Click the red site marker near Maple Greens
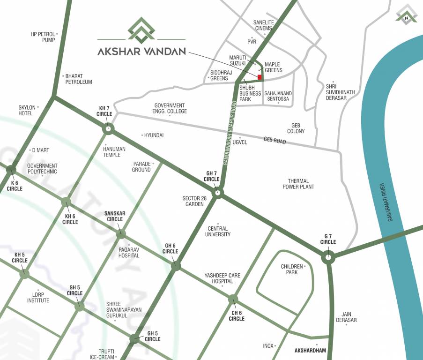tap(259, 77)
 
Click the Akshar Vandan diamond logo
tap(141, 29)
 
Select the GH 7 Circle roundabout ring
tap(217, 193)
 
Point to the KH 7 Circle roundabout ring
tap(108, 128)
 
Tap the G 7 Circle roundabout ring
tap(328, 257)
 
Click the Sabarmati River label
tap(391, 202)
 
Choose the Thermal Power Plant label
tap(298, 184)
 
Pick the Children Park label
tap(292, 269)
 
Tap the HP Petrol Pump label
tap(43, 37)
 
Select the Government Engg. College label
tap(170, 108)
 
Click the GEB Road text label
tap(275, 140)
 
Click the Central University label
tap(218, 232)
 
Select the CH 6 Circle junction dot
tap(233, 299)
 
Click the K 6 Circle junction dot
tap(11, 170)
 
